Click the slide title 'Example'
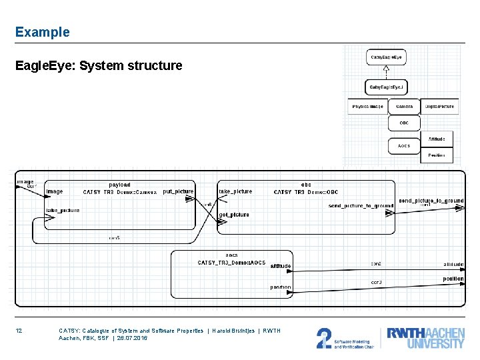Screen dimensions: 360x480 pos(42,32)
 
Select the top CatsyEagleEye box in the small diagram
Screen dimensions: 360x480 pos(386,58)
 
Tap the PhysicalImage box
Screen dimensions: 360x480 pos(367,107)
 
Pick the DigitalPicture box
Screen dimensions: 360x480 pos(440,107)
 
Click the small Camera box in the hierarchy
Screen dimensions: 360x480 pos(404,107)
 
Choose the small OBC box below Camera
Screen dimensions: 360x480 pos(404,123)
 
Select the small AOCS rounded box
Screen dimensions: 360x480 pos(404,146)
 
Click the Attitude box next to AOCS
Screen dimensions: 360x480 pos(437,139)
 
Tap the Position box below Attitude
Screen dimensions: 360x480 pos(437,155)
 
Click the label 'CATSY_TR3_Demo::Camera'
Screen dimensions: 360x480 pos(120,192)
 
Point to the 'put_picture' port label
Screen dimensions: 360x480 pos(178,191)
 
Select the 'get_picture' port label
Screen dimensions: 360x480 pos(234,215)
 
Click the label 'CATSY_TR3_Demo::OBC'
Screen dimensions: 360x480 pos(306,192)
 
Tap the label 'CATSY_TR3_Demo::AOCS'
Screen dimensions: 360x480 pos(231,263)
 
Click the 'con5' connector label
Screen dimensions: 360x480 pos(115,238)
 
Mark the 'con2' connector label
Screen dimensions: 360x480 pos(376,263)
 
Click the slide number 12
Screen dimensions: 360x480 pos(19,331)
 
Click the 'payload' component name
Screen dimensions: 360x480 pos(119,185)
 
